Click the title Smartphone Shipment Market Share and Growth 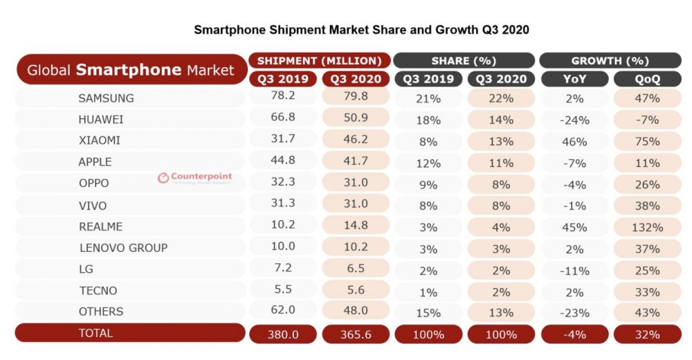point(361,30)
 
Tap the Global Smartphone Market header point(130,69)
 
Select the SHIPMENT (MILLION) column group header point(319,61)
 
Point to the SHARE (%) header point(464,61)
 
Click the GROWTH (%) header point(610,61)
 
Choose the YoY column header point(574,79)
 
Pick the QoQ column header point(646,79)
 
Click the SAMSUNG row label point(106,98)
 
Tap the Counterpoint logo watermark point(194,178)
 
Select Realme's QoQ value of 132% point(646,227)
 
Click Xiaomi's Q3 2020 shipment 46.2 point(355,141)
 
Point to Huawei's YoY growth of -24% point(574,120)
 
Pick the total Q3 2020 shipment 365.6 point(355,334)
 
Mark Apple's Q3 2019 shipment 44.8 point(283,162)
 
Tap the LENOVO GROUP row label point(123,248)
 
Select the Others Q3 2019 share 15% point(428,312)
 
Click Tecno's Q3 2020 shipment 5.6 point(355,291)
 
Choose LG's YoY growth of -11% point(574,270)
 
